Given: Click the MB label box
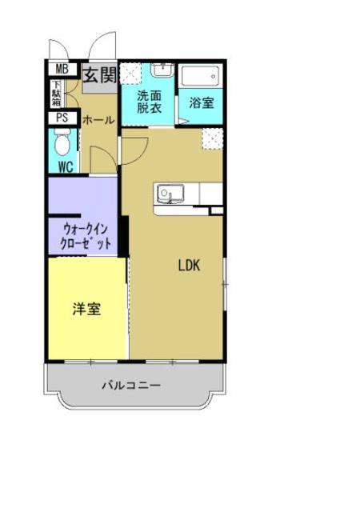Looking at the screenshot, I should click(x=62, y=70).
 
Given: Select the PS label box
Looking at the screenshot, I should click(x=62, y=118).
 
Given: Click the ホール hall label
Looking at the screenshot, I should click(x=98, y=120).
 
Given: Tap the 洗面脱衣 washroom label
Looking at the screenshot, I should click(x=149, y=102).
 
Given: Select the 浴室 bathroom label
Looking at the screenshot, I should click(x=201, y=102).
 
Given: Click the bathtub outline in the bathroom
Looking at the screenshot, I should click(x=200, y=75).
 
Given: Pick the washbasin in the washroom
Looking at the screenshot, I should click(x=162, y=71).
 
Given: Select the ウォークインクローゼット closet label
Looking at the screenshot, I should click(x=85, y=235).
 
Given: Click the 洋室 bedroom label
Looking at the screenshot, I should click(x=86, y=309).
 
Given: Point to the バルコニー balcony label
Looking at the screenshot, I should click(x=131, y=385).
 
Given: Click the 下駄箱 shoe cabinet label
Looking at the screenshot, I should click(x=57, y=95).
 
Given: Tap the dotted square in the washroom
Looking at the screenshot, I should click(x=130, y=74).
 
